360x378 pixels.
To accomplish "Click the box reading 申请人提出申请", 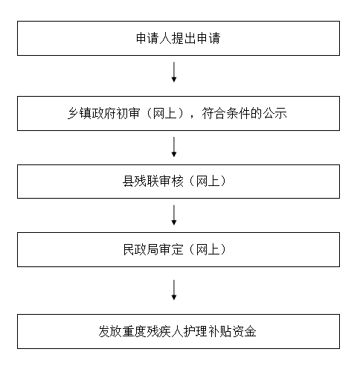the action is [x=179, y=38].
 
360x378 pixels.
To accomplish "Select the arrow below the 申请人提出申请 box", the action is [x=174, y=72].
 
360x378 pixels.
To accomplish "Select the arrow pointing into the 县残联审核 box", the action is [x=174, y=147].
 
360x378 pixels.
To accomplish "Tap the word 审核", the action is [x=171, y=182].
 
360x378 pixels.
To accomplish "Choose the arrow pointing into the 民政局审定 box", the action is [x=174, y=215].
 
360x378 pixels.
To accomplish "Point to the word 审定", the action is [x=171, y=249].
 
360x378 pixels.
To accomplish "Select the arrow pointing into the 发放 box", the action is [x=174, y=290].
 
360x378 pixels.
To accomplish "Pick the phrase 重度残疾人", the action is [x=153, y=331].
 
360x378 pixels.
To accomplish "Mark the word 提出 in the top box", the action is [x=184, y=39].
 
